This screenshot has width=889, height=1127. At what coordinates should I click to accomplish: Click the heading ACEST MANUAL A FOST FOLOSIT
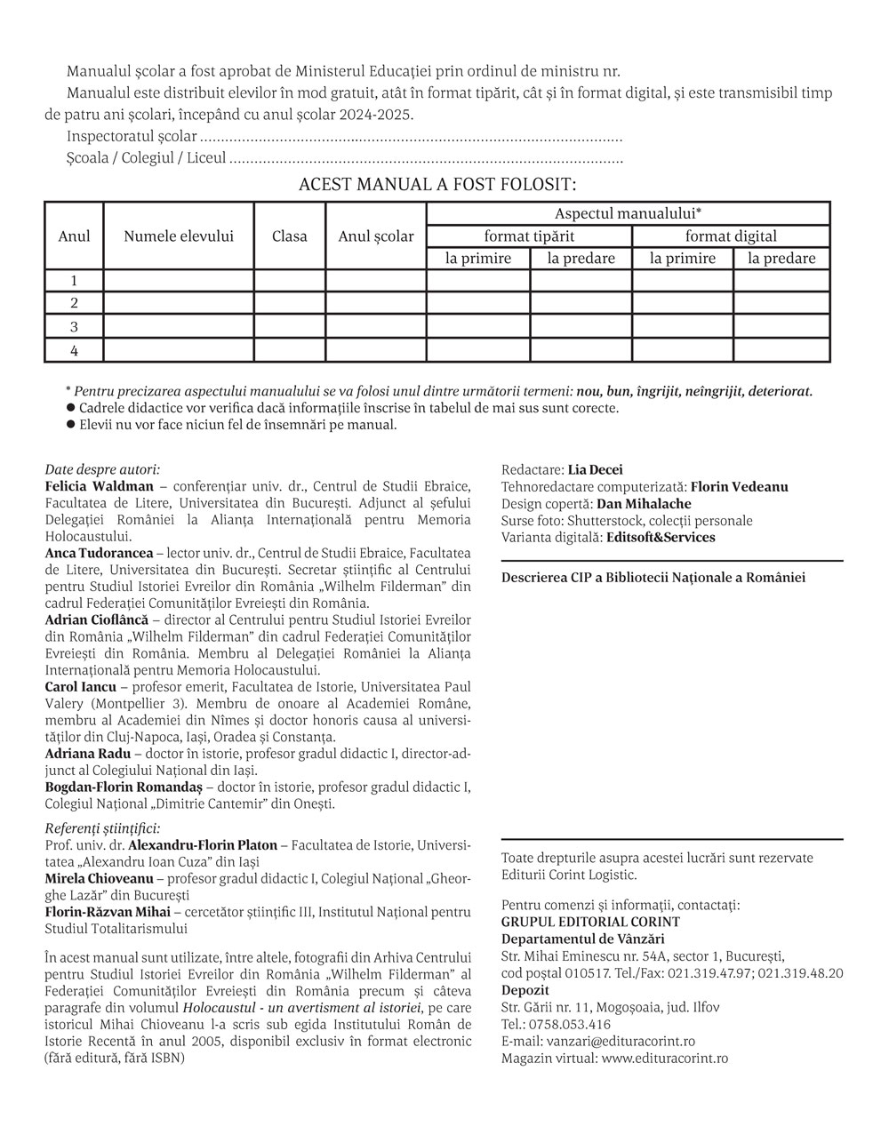[x=437, y=185]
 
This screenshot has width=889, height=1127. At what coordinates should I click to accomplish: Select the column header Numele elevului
[x=179, y=236]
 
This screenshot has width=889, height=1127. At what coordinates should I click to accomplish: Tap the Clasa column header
[x=290, y=236]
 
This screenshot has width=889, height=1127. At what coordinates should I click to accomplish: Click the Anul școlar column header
[x=376, y=236]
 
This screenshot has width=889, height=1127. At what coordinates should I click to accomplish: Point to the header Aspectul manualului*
[x=629, y=214]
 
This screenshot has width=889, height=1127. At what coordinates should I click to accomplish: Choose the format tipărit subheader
[x=529, y=236]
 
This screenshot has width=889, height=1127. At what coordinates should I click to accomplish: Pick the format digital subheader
[x=731, y=236]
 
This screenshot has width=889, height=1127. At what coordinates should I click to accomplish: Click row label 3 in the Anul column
[x=75, y=327]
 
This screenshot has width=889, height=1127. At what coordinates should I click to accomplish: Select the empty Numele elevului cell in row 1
[x=179, y=281]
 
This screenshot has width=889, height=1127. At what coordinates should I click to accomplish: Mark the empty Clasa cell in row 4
[x=290, y=350]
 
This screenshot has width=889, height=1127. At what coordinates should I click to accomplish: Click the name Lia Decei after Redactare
[x=596, y=470]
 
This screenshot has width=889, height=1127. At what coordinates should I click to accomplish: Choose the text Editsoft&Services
[x=660, y=538]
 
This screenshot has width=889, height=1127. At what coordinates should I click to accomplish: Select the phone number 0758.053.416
[x=570, y=1025]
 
